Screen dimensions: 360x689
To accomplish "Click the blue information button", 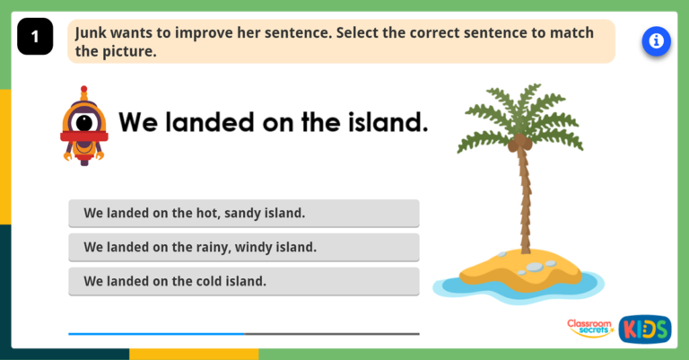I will tap(657, 41).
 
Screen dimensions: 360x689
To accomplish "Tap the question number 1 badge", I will tap(35, 37).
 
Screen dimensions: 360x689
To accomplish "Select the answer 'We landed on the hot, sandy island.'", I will tap(243, 214).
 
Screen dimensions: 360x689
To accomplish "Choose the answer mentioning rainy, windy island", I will tap(243, 247).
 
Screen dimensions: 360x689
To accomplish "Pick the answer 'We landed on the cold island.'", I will tap(243, 281).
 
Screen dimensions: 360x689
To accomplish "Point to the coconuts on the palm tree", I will tap(519, 143).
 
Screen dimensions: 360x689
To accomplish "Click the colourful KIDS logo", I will tap(644, 329).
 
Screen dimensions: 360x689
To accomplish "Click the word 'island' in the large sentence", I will tap(385, 122).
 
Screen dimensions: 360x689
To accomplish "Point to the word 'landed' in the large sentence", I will tap(207, 122).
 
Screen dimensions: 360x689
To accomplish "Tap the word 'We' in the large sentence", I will tap(138, 122).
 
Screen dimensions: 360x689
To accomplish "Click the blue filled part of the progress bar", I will tap(156, 334).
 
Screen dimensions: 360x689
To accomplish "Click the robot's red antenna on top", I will tap(84, 92).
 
